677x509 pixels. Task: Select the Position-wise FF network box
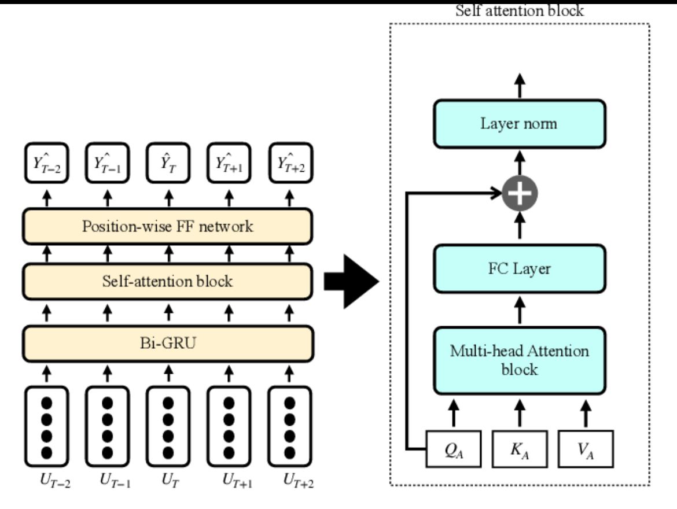168,226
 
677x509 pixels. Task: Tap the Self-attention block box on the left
168,282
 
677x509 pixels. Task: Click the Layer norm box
519,124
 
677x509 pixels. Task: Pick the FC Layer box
519,268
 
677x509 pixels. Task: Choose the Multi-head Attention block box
519,360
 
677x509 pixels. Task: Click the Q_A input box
453,448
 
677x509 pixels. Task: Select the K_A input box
519,448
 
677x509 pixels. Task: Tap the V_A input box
585,448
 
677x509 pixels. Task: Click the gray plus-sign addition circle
520,194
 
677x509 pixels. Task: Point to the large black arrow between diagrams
351,281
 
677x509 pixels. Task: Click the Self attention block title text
519,10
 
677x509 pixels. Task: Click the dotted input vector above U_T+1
229,426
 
